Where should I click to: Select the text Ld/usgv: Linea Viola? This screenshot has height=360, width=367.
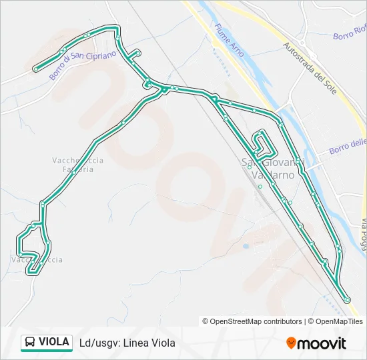127,343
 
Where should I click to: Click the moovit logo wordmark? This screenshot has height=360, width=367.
322,343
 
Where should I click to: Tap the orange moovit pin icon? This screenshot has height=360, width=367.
291,343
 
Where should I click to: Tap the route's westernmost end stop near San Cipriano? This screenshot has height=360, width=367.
35,68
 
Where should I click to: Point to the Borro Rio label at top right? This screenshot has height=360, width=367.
350,32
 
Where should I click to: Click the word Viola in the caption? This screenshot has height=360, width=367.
162,343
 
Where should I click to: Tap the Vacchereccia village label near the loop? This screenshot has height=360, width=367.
37,259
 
